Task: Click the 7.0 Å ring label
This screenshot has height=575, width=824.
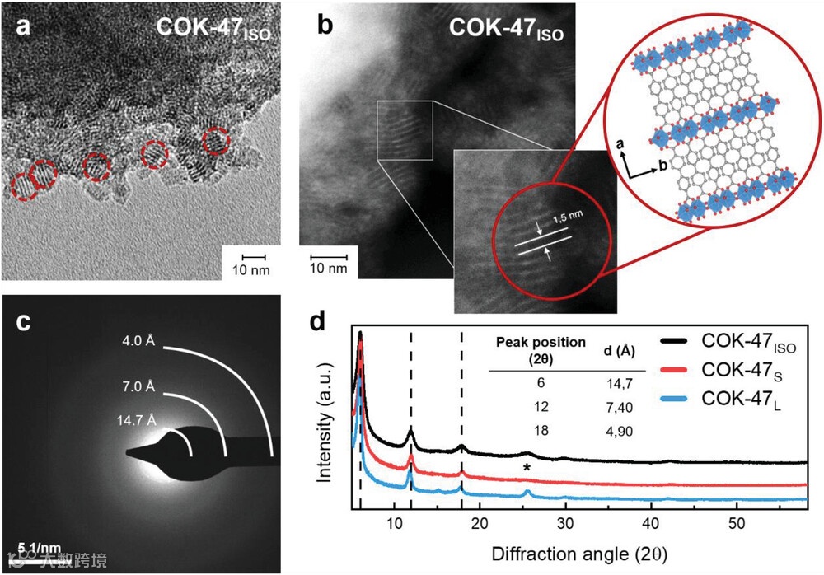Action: (138, 386)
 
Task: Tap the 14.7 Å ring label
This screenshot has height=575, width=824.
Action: (137, 421)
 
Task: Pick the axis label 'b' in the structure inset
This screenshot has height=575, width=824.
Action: (662, 166)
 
